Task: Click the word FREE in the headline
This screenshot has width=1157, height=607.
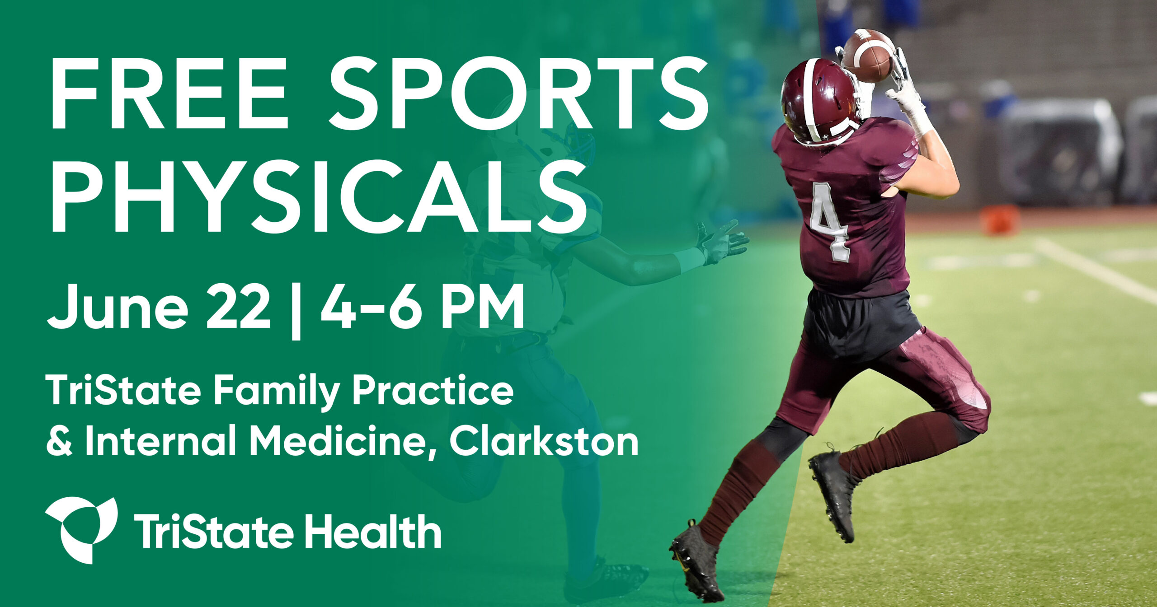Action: (169, 93)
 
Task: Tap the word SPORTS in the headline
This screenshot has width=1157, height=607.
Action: (518, 93)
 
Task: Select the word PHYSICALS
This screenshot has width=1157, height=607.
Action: (319, 197)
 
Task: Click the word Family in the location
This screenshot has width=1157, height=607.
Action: (276, 392)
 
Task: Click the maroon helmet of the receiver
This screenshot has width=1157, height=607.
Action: (818, 102)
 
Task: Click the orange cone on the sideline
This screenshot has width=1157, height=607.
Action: (1000, 219)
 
